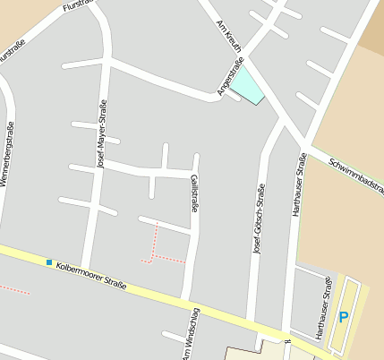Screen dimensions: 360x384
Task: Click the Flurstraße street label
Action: (x=78, y=6)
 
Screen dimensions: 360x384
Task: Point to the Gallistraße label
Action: (x=194, y=193)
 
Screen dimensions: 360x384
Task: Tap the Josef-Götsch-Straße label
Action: (x=260, y=220)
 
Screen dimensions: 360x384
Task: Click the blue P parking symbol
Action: (x=343, y=317)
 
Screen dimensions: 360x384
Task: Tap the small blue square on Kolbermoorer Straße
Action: (x=48, y=261)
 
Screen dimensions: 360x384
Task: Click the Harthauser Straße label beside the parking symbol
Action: (x=323, y=308)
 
